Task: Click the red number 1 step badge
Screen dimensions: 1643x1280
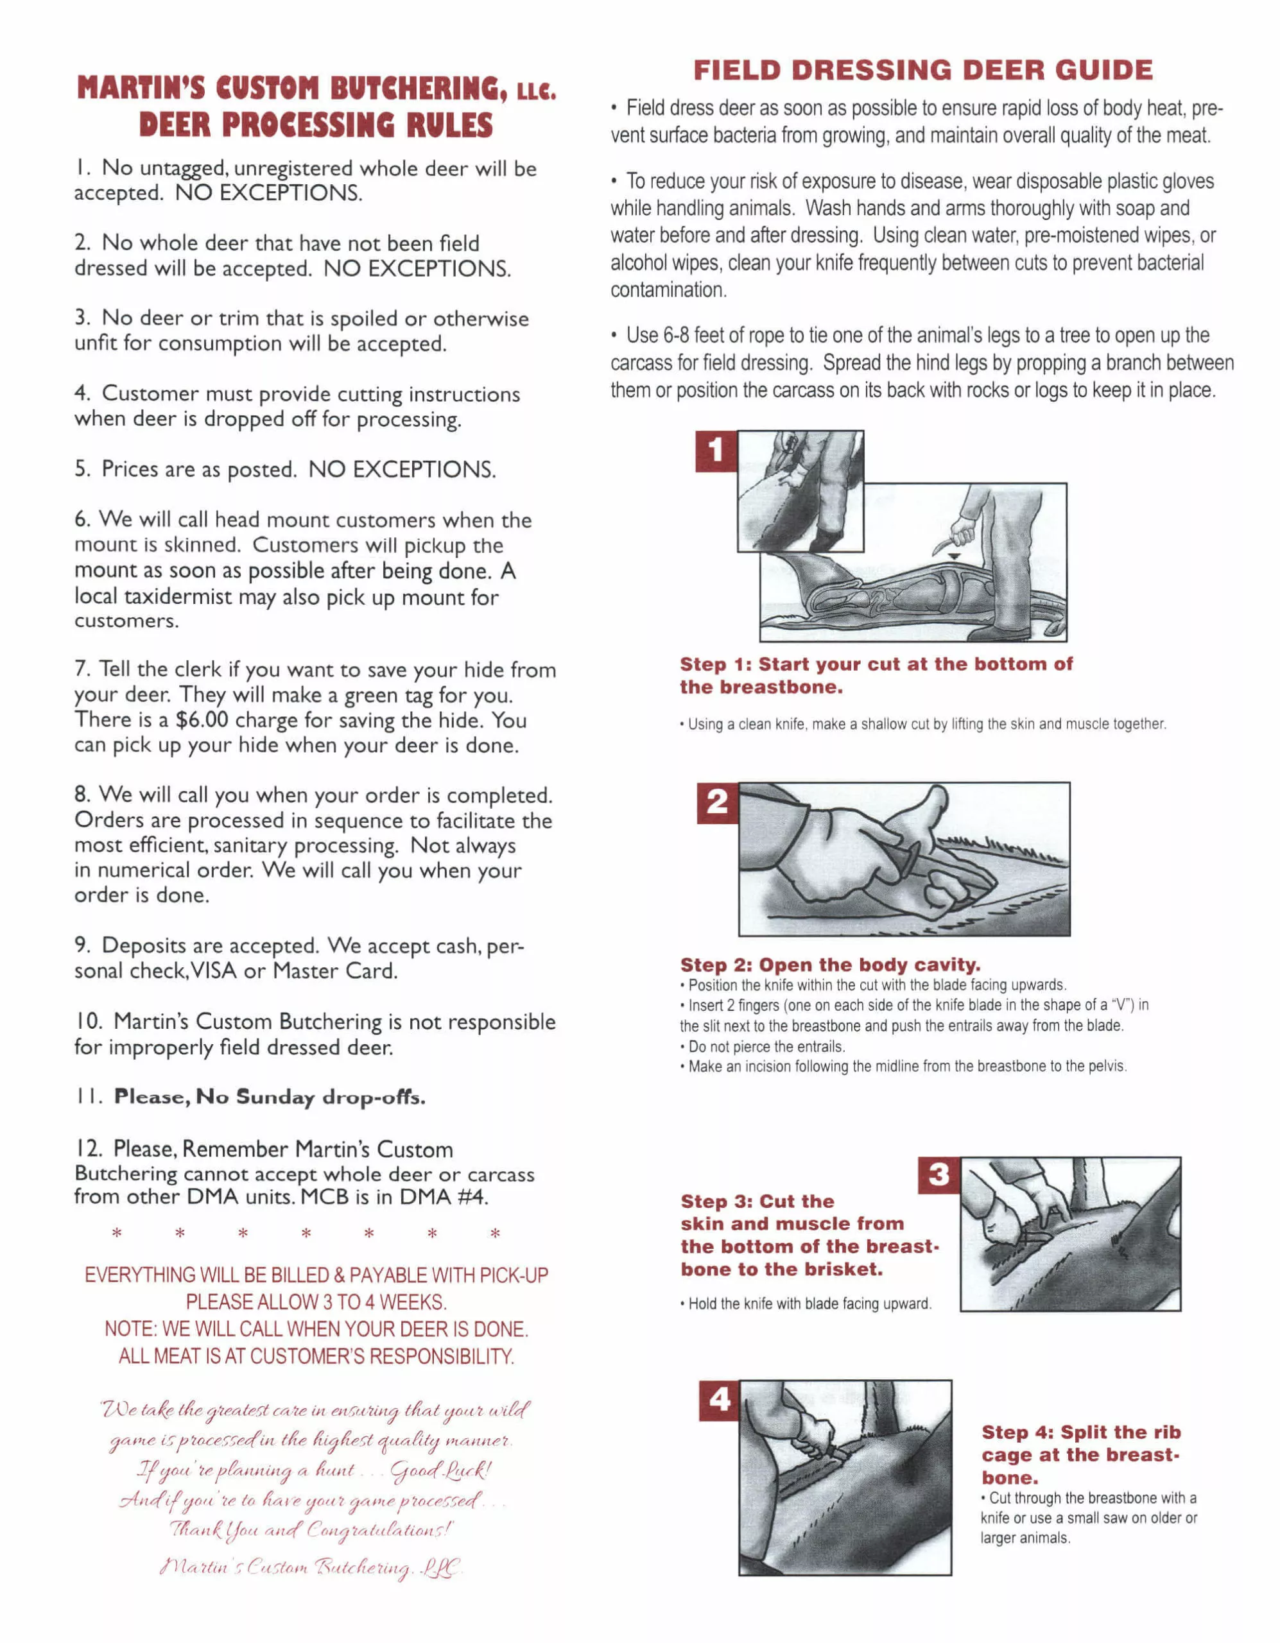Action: click(x=716, y=451)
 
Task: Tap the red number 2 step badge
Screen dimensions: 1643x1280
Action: click(x=717, y=802)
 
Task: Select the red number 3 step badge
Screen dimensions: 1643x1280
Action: click(x=939, y=1175)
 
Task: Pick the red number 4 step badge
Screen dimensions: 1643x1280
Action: click(x=720, y=1400)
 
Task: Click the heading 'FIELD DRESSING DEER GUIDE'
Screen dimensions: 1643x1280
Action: click(x=922, y=70)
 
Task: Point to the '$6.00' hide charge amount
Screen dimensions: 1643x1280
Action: click(x=202, y=720)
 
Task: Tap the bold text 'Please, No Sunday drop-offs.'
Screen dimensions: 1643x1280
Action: click(x=270, y=1097)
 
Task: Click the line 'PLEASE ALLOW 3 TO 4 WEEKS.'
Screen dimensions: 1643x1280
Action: click(x=316, y=1302)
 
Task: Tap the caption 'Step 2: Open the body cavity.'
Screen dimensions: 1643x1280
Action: click(x=830, y=965)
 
